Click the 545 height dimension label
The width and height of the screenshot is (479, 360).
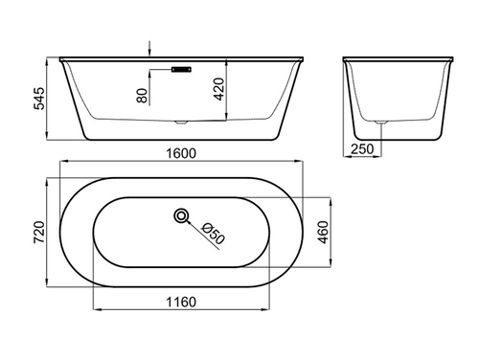[39, 99]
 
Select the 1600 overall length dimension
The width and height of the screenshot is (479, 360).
[181, 153]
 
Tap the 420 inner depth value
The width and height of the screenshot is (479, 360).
[219, 89]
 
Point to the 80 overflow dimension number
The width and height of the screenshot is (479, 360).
[143, 96]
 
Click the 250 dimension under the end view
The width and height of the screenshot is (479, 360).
[362, 149]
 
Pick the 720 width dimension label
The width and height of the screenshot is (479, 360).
[39, 232]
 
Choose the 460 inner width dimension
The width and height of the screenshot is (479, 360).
[323, 233]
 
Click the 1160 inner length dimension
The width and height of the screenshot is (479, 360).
[181, 302]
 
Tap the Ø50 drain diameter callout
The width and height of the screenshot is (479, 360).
[214, 234]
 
